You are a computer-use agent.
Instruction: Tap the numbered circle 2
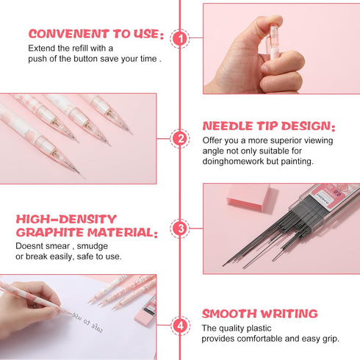pyautogui.click(x=181, y=137)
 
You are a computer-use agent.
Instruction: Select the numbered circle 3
pyautogui.click(x=181, y=228)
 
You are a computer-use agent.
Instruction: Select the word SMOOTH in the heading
pyautogui.click(x=232, y=314)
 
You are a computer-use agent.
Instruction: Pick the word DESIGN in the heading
pyautogui.click(x=309, y=126)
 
